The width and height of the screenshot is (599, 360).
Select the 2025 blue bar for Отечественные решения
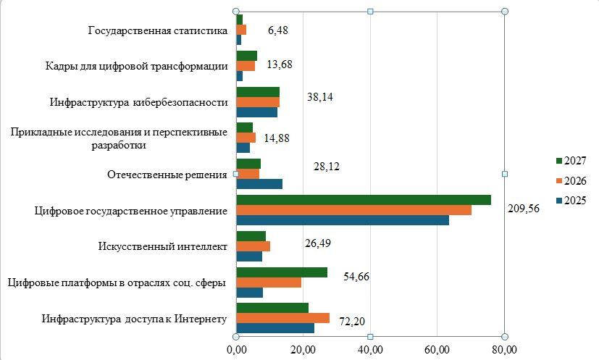259,184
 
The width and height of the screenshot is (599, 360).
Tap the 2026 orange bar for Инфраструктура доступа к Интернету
282,318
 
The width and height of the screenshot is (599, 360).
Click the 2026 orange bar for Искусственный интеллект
253,246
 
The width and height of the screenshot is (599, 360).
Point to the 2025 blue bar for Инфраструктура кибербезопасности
256,112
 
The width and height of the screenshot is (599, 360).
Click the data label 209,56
524,209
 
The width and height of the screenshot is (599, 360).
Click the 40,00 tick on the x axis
371,349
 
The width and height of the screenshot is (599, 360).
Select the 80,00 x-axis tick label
504,349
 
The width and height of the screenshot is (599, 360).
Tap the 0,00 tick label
237,349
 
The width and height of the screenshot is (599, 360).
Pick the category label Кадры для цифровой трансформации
137,67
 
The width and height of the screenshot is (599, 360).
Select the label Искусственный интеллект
163,246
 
